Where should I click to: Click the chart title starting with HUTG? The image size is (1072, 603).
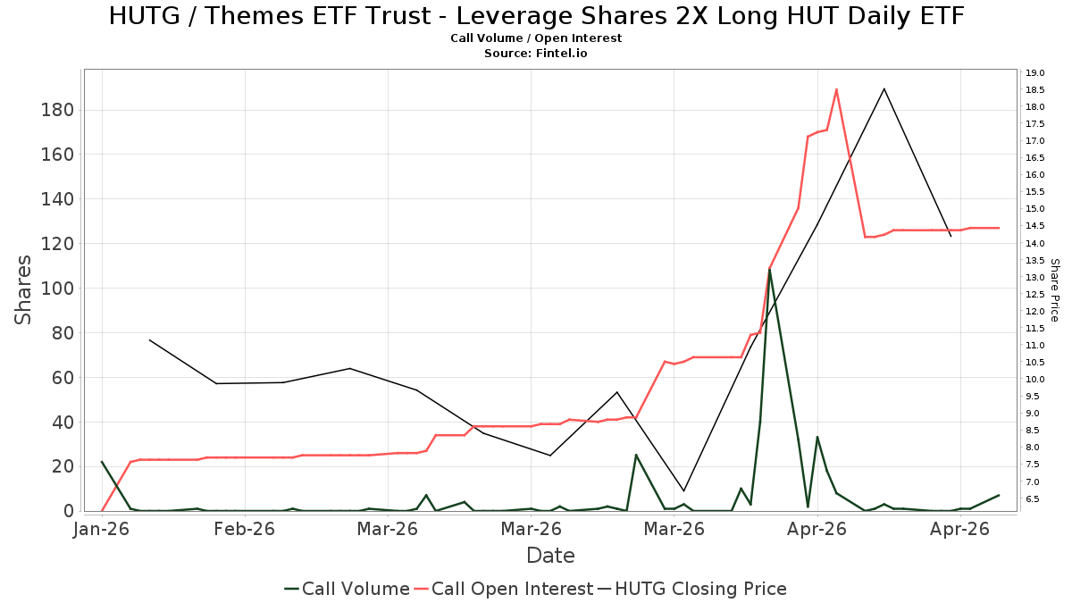click(x=536, y=16)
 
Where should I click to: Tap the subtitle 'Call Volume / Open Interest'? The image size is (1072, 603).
click(x=536, y=38)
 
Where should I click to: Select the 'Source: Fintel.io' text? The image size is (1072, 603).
click(x=535, y=53)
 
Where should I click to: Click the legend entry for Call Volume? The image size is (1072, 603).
click(x=347, y=589)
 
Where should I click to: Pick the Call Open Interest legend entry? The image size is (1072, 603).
click(x=504, y=589)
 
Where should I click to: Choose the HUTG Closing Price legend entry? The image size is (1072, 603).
click(x=692, y=589)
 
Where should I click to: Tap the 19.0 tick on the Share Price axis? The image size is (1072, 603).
click(x=1034, y=72)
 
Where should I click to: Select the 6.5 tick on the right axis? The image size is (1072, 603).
click(x=1037, y=498)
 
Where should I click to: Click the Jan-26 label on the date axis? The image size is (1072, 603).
click(x=102, y=529)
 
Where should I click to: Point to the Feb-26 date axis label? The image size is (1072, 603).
click(x=245, y=529)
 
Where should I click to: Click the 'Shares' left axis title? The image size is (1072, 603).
click(x=22, y=290)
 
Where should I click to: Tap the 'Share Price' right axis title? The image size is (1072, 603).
click(x=1054, y=290)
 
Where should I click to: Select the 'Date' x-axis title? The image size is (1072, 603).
click(x=550, y=556)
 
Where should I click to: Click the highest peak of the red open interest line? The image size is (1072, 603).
click(x=836, y=89)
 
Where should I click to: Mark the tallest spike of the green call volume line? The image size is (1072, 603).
click(x=769, y=270)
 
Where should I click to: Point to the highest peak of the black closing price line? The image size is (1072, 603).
click(x=884, y=88)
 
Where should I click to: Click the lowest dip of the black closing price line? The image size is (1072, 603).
click(x=683, y=490)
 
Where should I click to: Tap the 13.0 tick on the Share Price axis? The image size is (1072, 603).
click(x=1034, y=277)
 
